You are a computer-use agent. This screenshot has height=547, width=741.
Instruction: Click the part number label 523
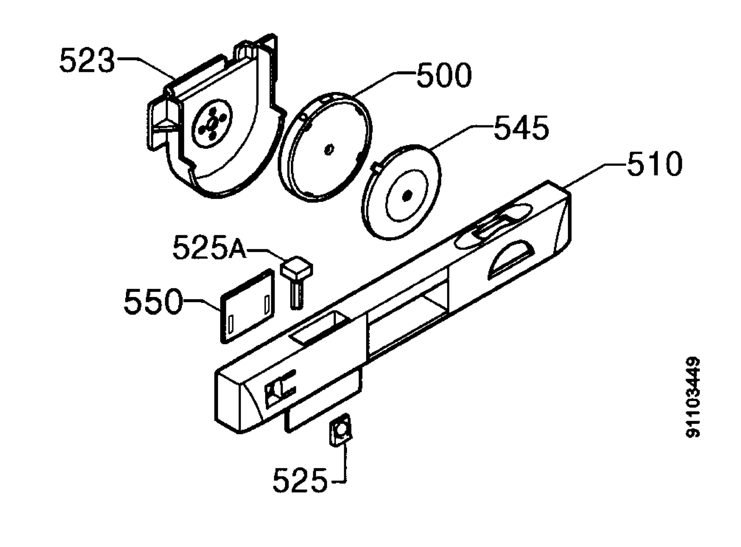[x=87, y=60]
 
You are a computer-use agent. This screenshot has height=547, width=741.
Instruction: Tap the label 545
[x=521, y=127]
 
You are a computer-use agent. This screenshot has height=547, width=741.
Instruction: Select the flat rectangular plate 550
[x=248, y=306]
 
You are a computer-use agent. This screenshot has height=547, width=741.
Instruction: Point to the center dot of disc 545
[x=406, y=196]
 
